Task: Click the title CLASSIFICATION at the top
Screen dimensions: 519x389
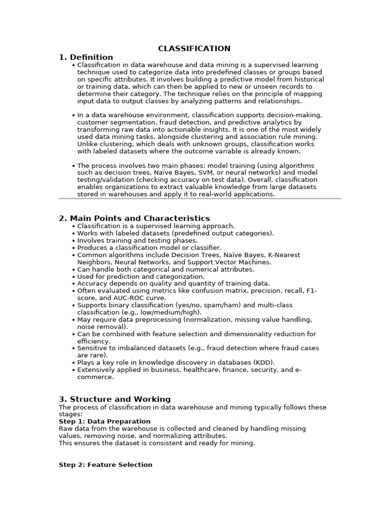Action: coord(194,49)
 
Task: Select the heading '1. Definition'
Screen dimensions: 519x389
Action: coord(86,57)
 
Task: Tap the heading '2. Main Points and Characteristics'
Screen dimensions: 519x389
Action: coord(134,218)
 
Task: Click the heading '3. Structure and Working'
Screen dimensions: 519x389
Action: coord(114,399)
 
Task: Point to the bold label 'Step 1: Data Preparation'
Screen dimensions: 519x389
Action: coord(104,421)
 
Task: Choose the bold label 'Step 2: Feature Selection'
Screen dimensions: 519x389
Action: coord(105,465)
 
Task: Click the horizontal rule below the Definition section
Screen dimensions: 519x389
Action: coord(200,199)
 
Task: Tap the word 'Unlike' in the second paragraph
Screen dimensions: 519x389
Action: coord(88,144)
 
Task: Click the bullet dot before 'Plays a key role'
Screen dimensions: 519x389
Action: coord(73,363)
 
